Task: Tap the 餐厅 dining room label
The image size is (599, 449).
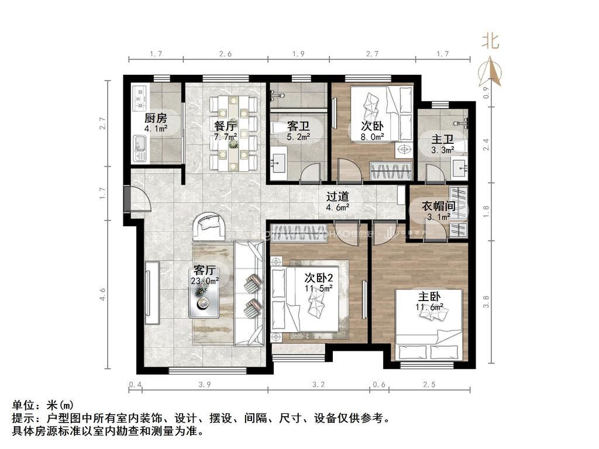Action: pos(225,126)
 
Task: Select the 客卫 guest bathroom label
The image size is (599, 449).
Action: pos(297,126)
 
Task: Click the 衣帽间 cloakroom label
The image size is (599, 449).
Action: pos(439,206)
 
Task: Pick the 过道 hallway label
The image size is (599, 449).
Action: pos(338,196)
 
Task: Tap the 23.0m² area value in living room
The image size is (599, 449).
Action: pos(204,281)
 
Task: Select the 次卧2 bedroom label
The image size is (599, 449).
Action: pos(318,277)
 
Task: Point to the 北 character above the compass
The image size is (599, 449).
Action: pos(490,41)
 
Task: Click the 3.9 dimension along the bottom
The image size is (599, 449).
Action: pos(205,384)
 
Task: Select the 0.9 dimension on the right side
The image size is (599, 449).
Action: pos(486,92)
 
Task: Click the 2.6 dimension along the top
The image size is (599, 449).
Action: pos(225,54)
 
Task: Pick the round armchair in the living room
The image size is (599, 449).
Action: pos(209,227)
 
